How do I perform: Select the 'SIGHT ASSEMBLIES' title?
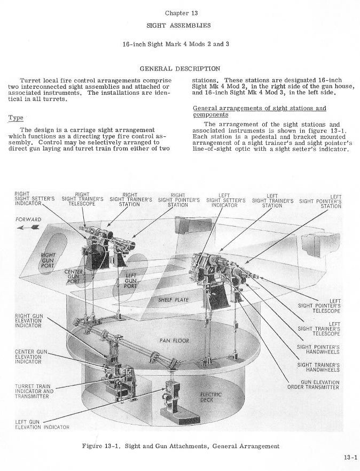tap(179, 25)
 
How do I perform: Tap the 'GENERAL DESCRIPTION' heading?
tap(179, 68)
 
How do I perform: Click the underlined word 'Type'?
tap(15, 118)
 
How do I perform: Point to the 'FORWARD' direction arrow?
tap(28, 227)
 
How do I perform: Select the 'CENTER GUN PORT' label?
tap(74, 276)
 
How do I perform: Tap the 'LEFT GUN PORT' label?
tap(130, 281)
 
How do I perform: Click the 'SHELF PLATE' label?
tap(173, 300)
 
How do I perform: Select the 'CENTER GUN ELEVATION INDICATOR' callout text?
tap(30, 357)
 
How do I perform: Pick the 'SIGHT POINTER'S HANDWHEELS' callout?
tap(319, 349)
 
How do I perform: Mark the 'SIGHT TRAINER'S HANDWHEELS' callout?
tap(319, 367)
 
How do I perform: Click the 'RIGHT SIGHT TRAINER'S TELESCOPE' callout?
tap(82, 199)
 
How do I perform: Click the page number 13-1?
tap(350, 457)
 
